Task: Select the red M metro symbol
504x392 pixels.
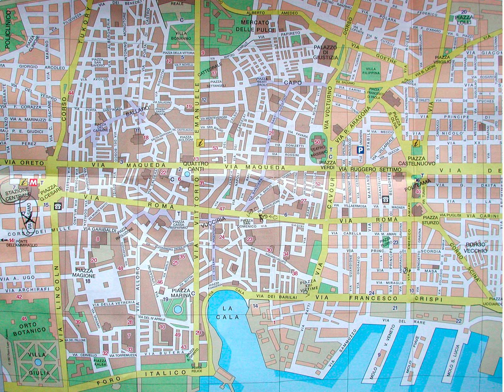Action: click(x=33, y=182)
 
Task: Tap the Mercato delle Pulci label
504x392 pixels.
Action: click(x=255, y=26)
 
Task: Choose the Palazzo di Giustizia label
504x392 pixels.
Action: click(x=325, y=52)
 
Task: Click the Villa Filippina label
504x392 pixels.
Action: click(x=371, y=71)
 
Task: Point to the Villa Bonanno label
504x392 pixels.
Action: click(x=181, y=36)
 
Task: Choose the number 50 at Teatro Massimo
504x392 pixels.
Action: click(x=317, y=142)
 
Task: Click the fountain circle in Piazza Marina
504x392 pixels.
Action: click(x=177, y=309)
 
